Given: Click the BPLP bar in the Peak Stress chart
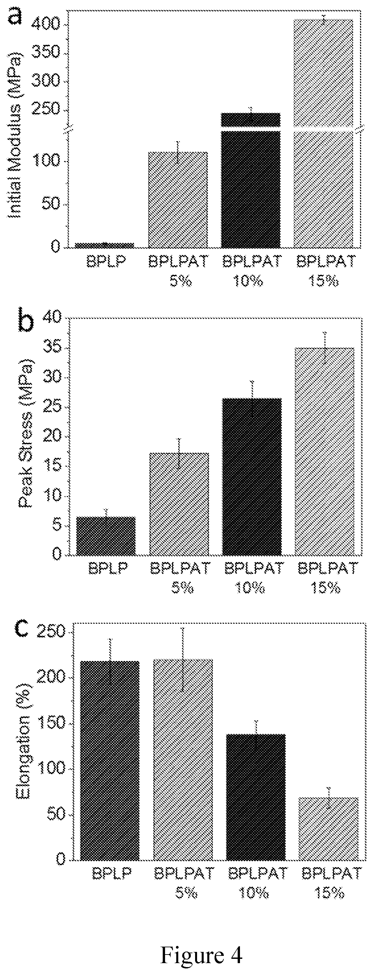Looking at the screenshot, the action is click(106, 536).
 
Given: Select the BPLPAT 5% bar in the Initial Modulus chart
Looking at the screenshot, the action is click(178, 200).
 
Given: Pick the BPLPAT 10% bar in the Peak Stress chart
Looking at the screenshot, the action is click(252, 477).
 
